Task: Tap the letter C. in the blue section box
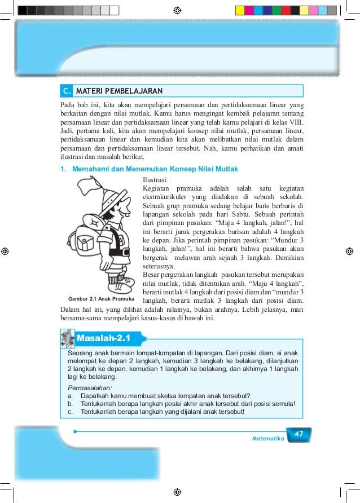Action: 67,91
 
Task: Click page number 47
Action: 299,434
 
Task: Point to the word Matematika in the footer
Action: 268,438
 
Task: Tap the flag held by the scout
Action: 89,187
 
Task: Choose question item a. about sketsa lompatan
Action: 159,396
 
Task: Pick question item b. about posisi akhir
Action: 181,404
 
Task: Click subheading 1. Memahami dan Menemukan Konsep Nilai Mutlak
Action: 149,169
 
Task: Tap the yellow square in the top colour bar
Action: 240,10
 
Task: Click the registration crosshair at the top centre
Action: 177,10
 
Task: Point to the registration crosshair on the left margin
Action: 5,251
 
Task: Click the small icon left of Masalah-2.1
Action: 67,338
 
